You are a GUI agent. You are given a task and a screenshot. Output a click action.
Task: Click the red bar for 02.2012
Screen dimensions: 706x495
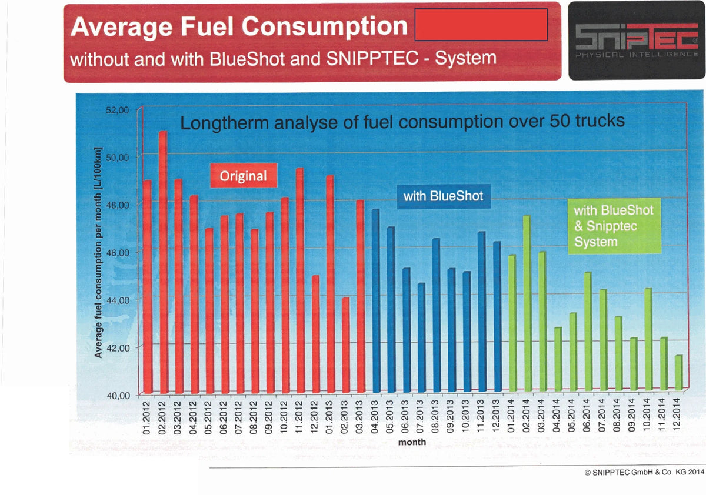pos(164,262)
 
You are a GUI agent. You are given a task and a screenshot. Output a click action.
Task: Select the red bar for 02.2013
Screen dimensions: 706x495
pos(346,345)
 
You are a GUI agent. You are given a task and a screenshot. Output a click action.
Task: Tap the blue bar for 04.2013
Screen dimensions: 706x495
pos(376,301)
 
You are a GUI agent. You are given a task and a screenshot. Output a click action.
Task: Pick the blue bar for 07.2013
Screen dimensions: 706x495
pos(421,337)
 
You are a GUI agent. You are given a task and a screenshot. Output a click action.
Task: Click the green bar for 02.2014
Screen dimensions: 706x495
pos(527,303)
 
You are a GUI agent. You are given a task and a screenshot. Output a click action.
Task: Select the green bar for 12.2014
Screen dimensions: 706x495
pos(678,373)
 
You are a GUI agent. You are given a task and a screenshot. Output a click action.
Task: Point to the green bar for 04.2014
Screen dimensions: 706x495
pos(558,359)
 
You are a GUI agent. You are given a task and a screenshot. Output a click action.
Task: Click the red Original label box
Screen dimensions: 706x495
pos(244,175)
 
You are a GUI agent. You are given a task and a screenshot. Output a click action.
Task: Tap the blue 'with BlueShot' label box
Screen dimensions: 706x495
pos(444,196)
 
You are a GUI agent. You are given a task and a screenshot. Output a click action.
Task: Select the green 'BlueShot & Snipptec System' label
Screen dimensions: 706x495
pos(614,226)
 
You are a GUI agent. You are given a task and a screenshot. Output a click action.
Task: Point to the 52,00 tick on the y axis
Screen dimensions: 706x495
pos(117,110)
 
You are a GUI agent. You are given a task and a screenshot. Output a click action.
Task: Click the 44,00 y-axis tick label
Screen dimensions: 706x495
pos(117,300)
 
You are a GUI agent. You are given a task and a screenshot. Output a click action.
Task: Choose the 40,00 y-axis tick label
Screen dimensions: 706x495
pos(118,396)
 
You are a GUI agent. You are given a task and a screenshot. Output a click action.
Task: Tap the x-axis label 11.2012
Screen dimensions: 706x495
pos(299,417)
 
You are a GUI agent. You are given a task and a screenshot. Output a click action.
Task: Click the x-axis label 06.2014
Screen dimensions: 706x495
pos(586,415)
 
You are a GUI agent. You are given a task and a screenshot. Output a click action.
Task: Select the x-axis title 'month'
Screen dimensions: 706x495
pos(412,442)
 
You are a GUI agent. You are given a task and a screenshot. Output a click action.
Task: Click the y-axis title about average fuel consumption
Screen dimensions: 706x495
pos(98,252)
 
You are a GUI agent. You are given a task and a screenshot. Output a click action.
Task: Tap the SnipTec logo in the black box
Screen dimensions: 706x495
pos(637,41)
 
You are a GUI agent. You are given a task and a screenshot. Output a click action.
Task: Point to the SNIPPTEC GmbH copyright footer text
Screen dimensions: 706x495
pos(644,472)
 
